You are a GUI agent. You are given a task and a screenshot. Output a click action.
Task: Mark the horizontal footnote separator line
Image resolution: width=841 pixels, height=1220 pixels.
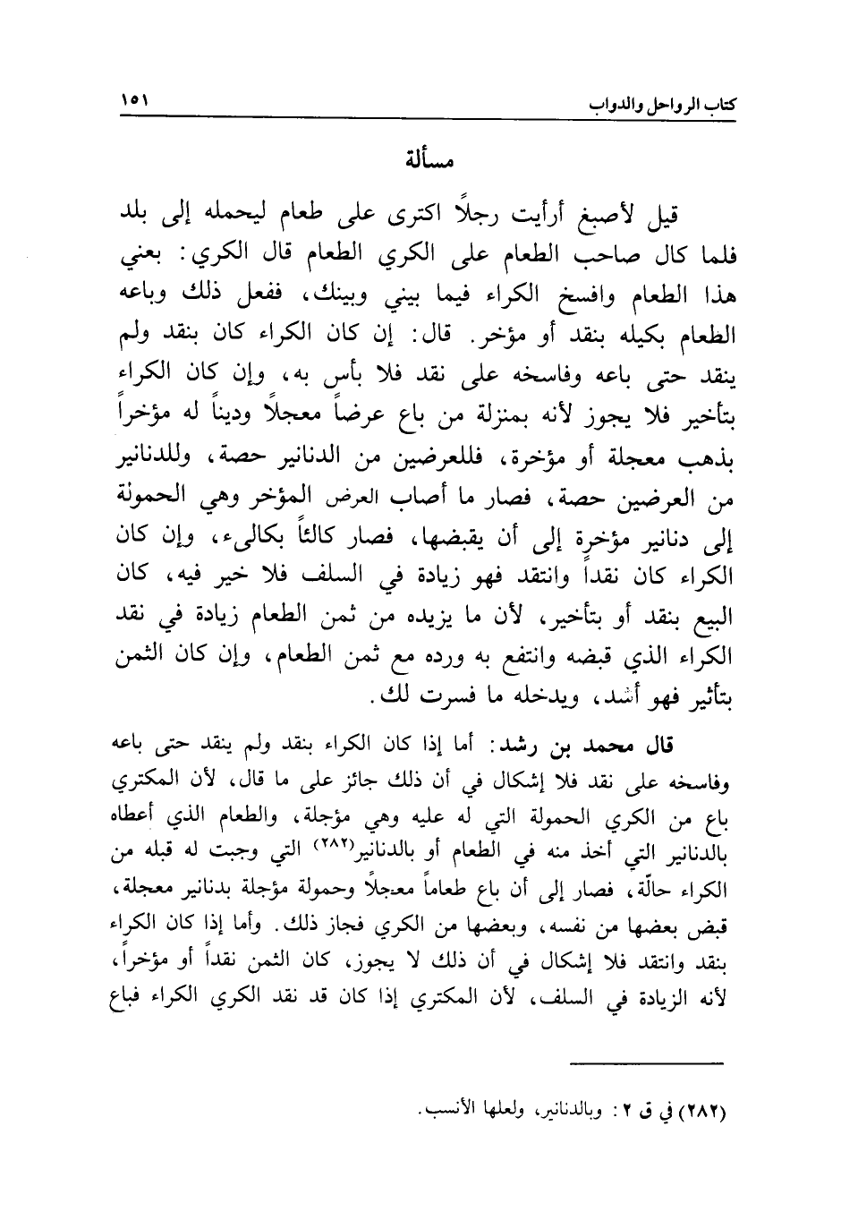point(645,1062)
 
